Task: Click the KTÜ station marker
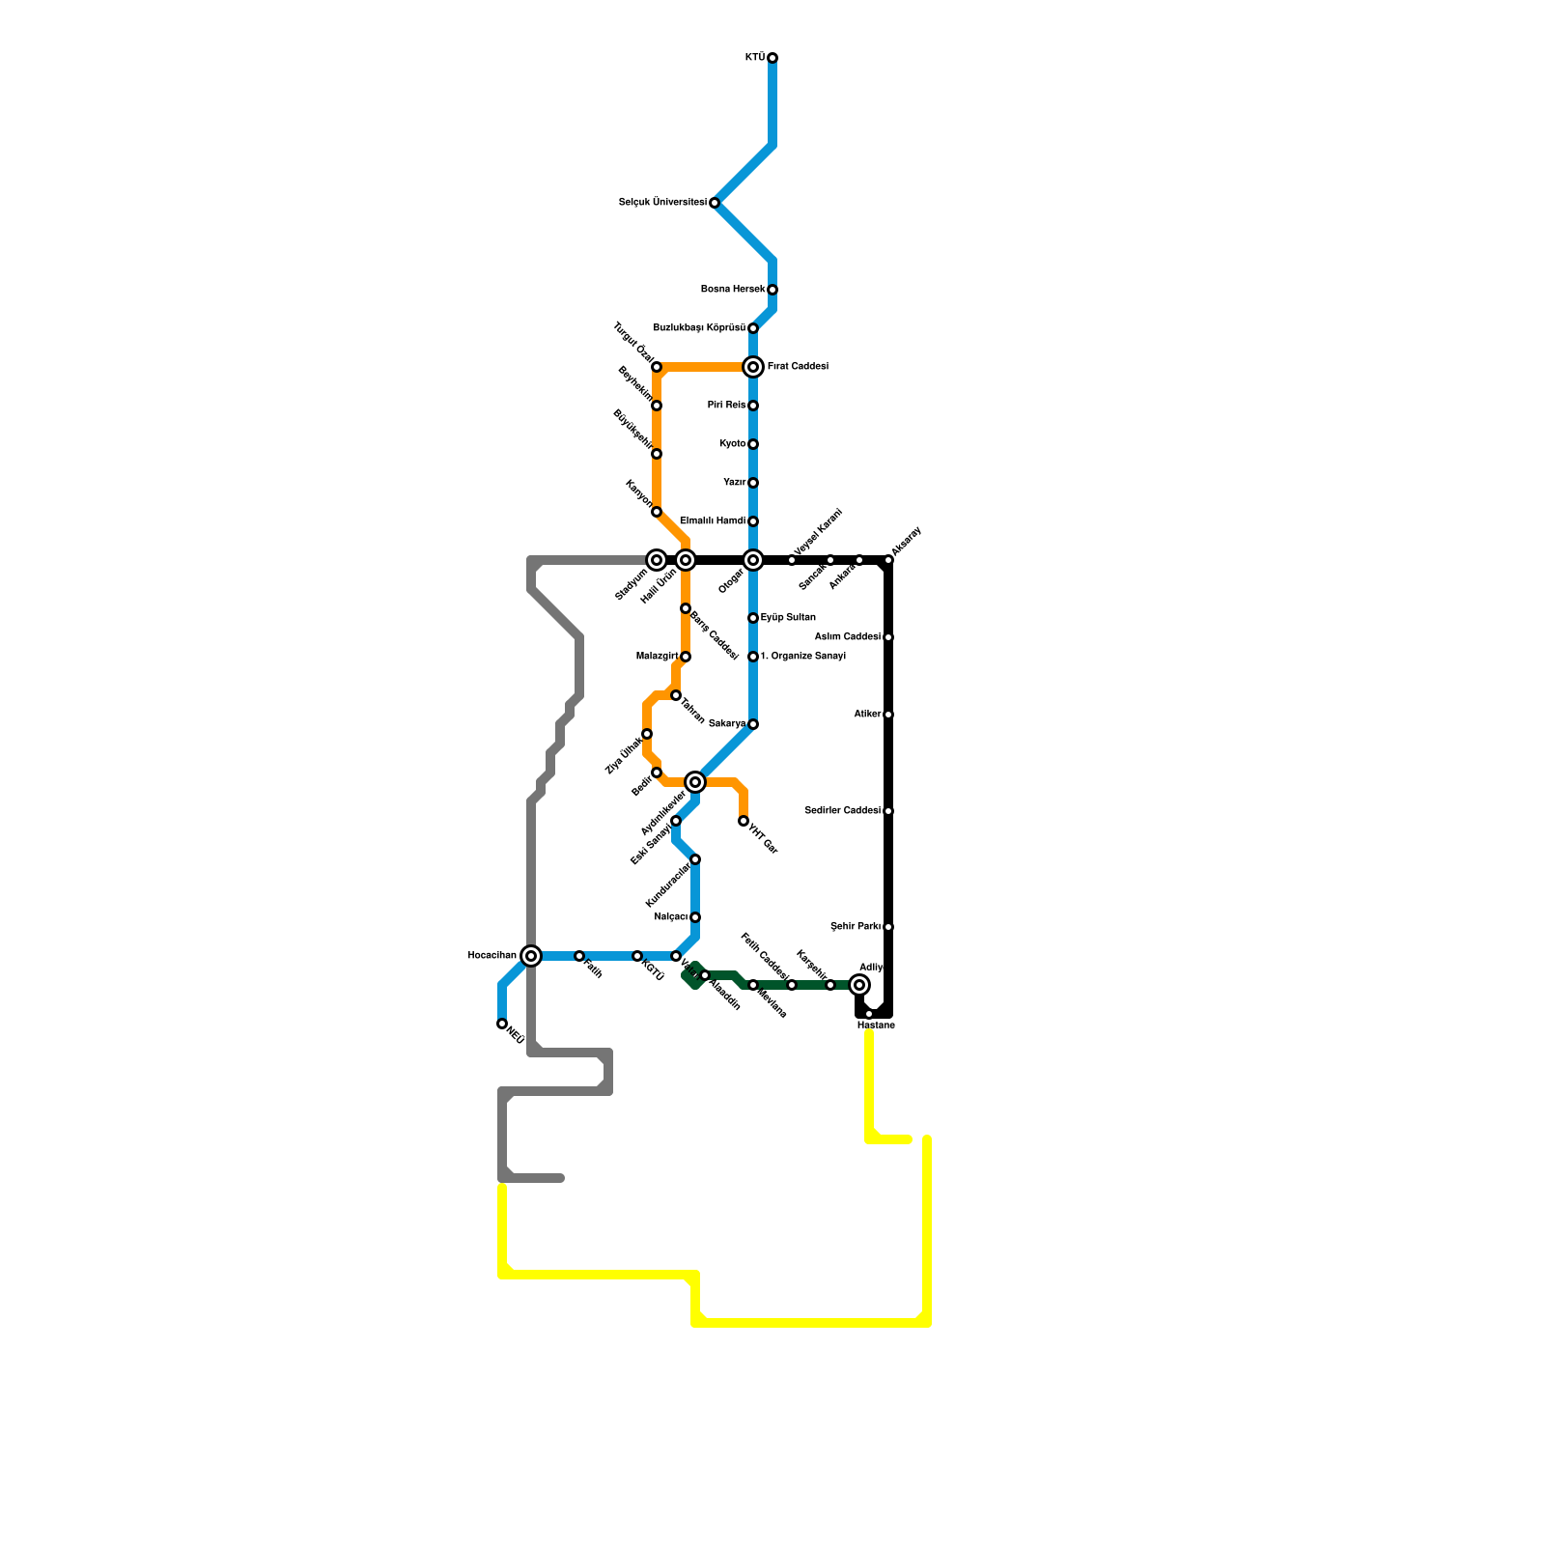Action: point(772,58)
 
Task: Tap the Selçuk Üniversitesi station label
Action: point(662,203)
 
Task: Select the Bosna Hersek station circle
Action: point(772,290)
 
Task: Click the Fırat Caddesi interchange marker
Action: point(753,367)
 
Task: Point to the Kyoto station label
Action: point(733,444)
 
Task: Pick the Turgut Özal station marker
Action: point(657,367)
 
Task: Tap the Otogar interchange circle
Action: point(753,560)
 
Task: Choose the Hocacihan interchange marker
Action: point(531,956)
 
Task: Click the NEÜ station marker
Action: point(502,1024)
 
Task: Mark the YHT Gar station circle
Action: point(744,821)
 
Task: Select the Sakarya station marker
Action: point(753,724)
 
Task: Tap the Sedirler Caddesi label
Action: point(842,811)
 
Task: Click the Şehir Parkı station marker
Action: point(888,927)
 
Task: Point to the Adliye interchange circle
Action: point(859,985)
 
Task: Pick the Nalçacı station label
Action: point(670,917)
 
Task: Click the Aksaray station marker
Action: point(888,560)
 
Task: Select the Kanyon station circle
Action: point(657,512)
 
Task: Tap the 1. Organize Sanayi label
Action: point(803,657)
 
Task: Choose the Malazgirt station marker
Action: point(686,657)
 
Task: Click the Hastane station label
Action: point(876,1025)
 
